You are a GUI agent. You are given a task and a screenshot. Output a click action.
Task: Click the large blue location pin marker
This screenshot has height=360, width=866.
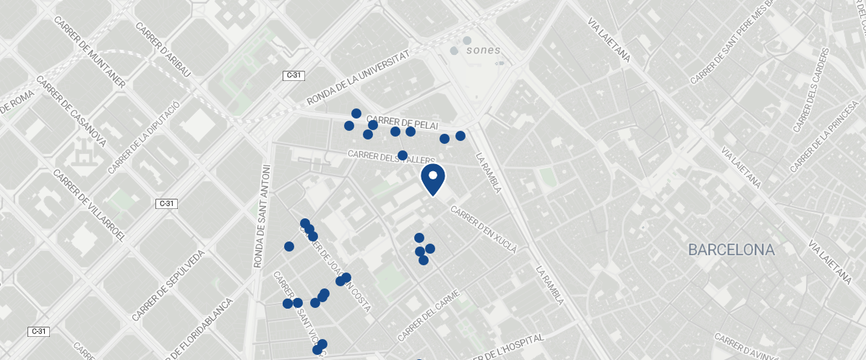pos(432,179)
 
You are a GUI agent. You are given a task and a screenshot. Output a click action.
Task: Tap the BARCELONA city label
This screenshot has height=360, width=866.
pos(731,250)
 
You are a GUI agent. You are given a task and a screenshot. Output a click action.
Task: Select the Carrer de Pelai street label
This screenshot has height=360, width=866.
pos(403,122)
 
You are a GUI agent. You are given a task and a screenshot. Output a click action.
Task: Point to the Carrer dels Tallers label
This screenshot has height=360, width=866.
pos(391,156)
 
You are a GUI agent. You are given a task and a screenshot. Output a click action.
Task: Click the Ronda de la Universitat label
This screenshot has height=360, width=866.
pos(359,77)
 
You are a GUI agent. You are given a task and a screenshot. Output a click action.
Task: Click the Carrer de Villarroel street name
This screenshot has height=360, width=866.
pos(90,205)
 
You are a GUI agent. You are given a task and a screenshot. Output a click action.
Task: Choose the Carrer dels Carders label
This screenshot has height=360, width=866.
pos(809,90)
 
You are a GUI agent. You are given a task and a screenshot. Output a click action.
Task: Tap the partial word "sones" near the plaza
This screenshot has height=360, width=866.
pos(483,51)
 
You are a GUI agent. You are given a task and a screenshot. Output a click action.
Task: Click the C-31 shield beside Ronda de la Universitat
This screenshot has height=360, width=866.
pos(293,75)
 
